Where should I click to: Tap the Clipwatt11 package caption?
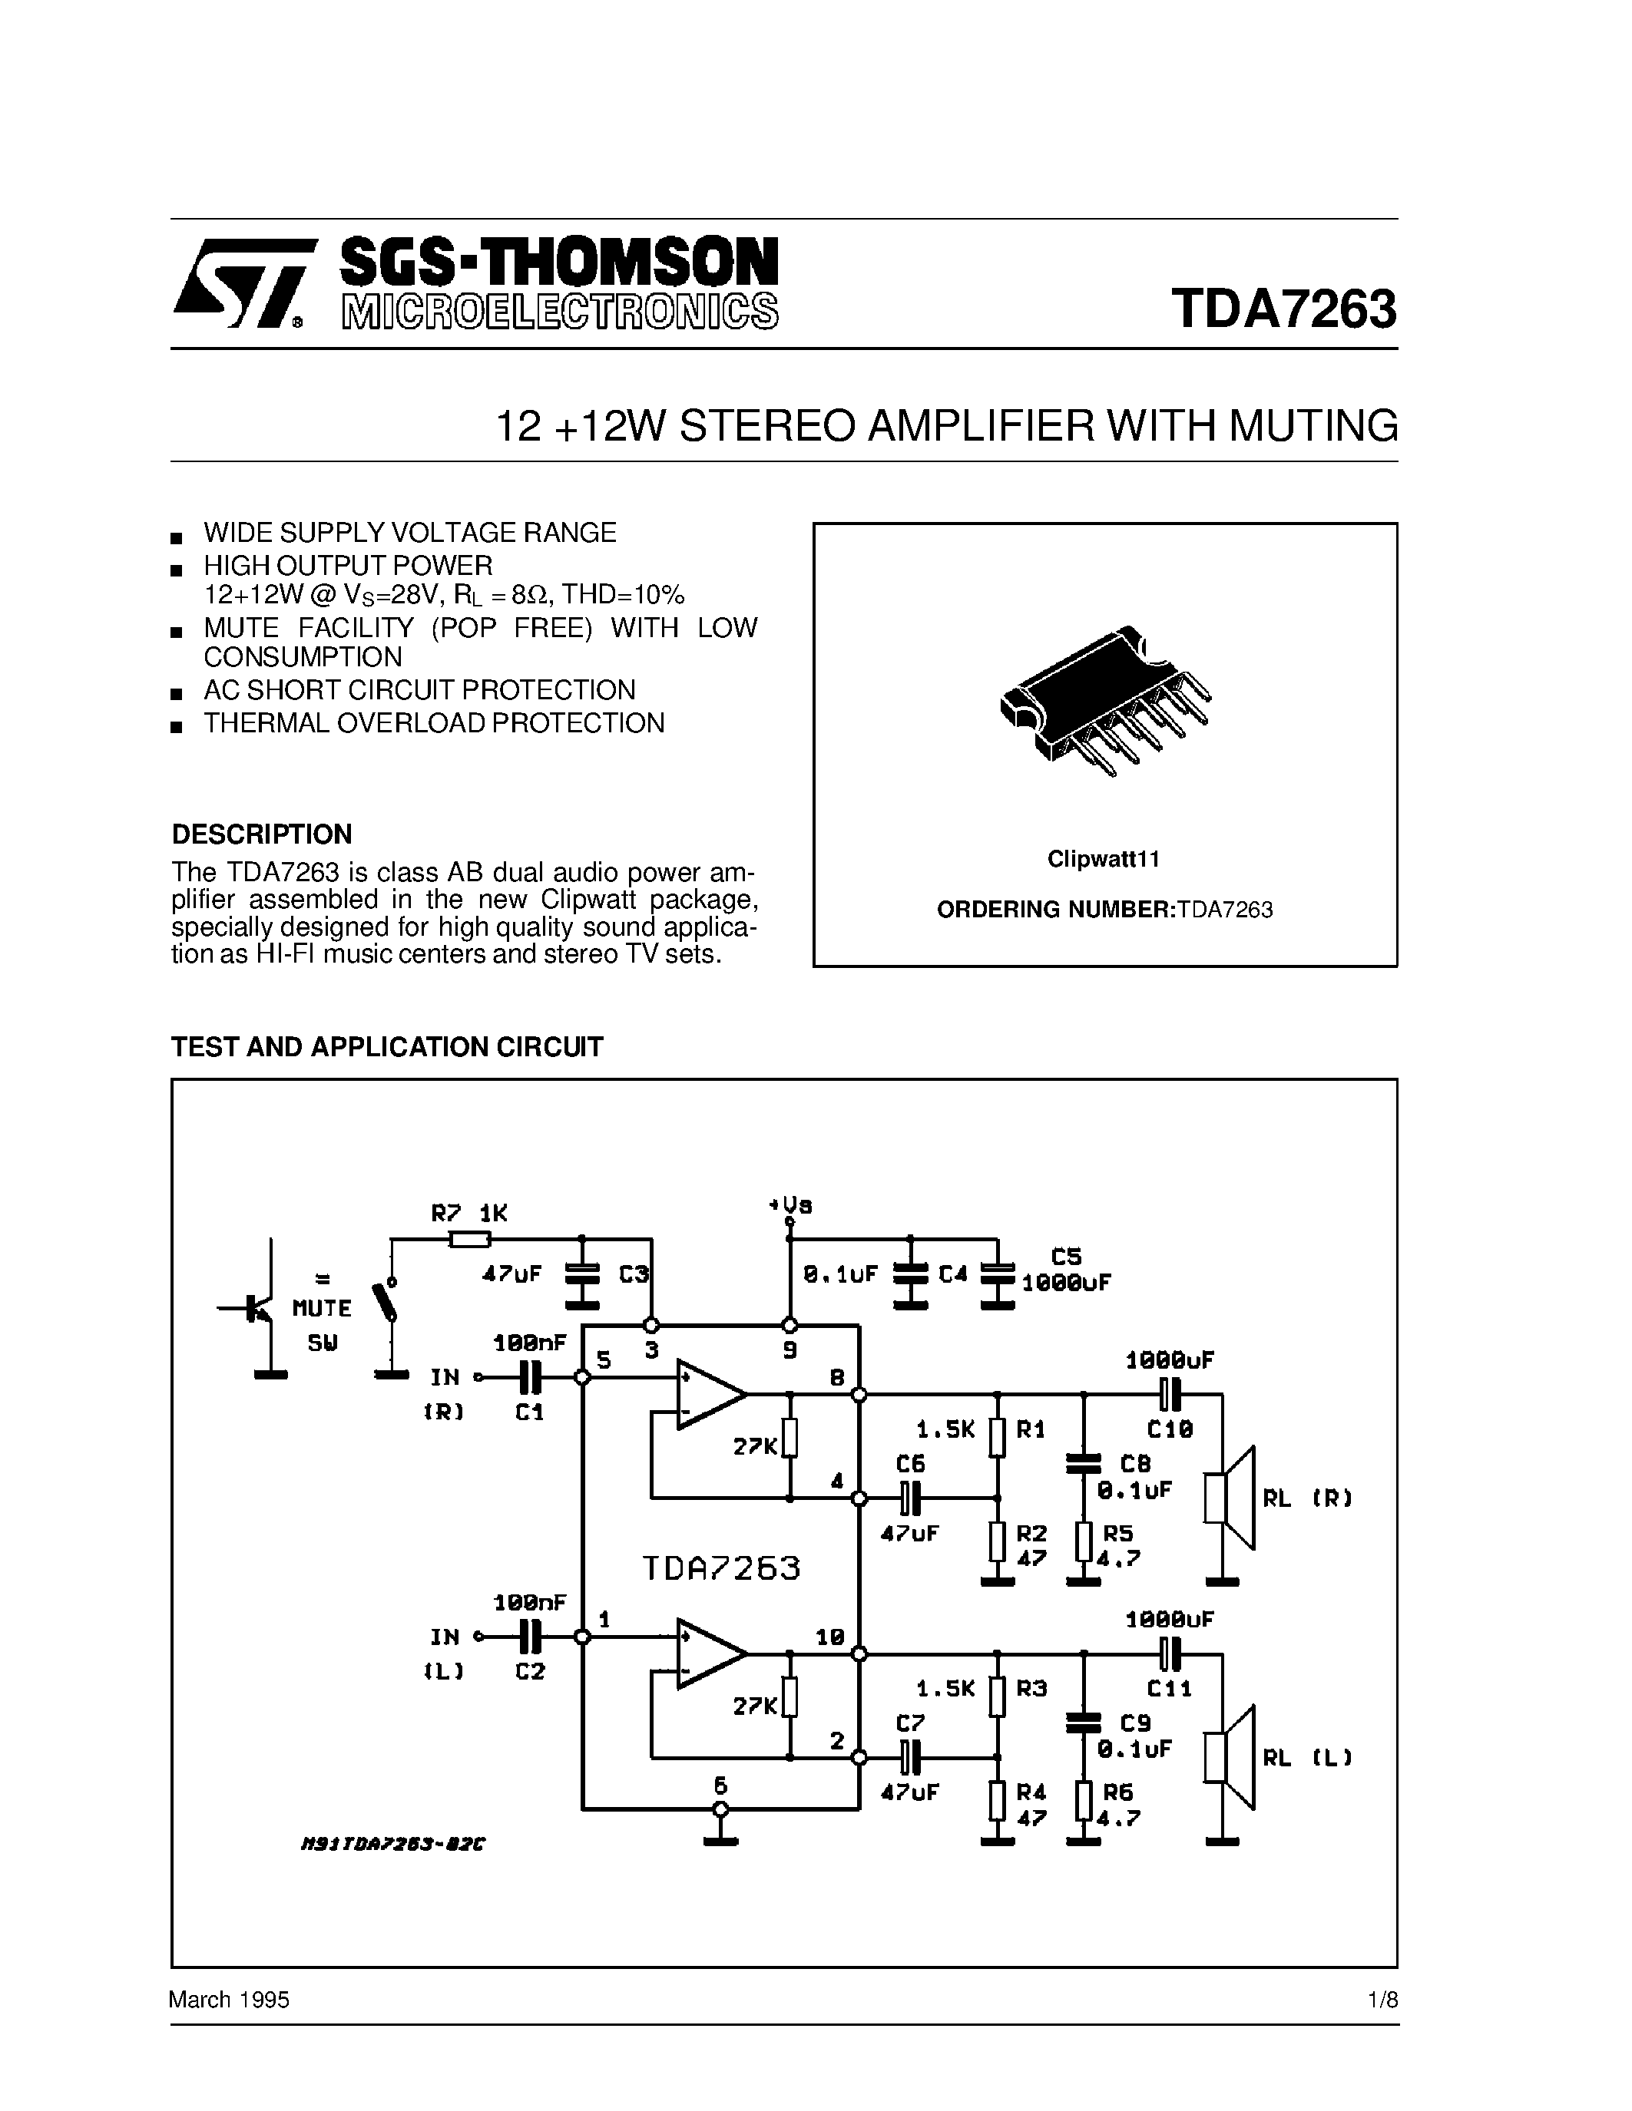point(1103,859)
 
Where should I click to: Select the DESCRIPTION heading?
point(261,834)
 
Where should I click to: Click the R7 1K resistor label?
point(469,1213)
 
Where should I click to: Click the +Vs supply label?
point(790,1205)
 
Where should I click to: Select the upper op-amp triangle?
point(709,1395)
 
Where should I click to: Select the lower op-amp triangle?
point(709,1653)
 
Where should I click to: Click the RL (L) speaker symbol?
point(1229,1757)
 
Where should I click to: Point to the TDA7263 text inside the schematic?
point(721,1567)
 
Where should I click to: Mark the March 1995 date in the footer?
point(229,2000)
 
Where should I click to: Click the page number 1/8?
point(1383,2000)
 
